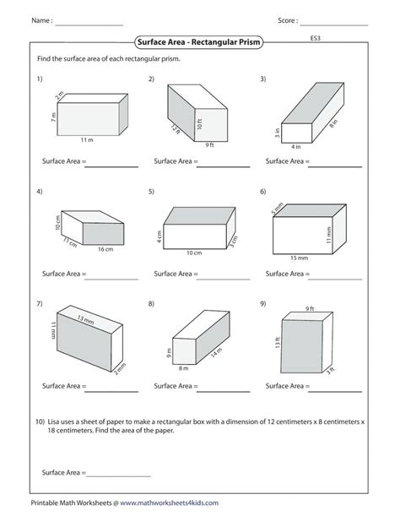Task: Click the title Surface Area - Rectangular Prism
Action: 200,43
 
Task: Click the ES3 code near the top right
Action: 315,38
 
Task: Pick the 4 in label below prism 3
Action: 295,146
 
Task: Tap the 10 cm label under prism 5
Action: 193,253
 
